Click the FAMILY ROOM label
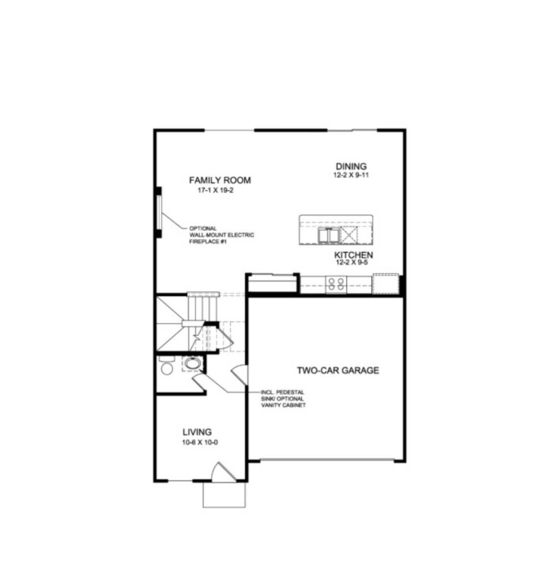point(220,181)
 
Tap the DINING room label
point(351,166)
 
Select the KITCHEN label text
point(354,255)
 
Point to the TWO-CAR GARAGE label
point(338,371)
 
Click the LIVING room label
point(197,432)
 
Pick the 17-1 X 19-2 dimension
point(216,190)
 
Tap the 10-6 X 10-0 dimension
point(200,443)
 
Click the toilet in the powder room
point(167,367)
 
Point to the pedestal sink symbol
point(192,363)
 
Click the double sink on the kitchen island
point(328,235)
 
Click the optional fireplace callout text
point(221,235)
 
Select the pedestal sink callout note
point(283,399)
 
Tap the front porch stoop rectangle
point(224,495)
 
